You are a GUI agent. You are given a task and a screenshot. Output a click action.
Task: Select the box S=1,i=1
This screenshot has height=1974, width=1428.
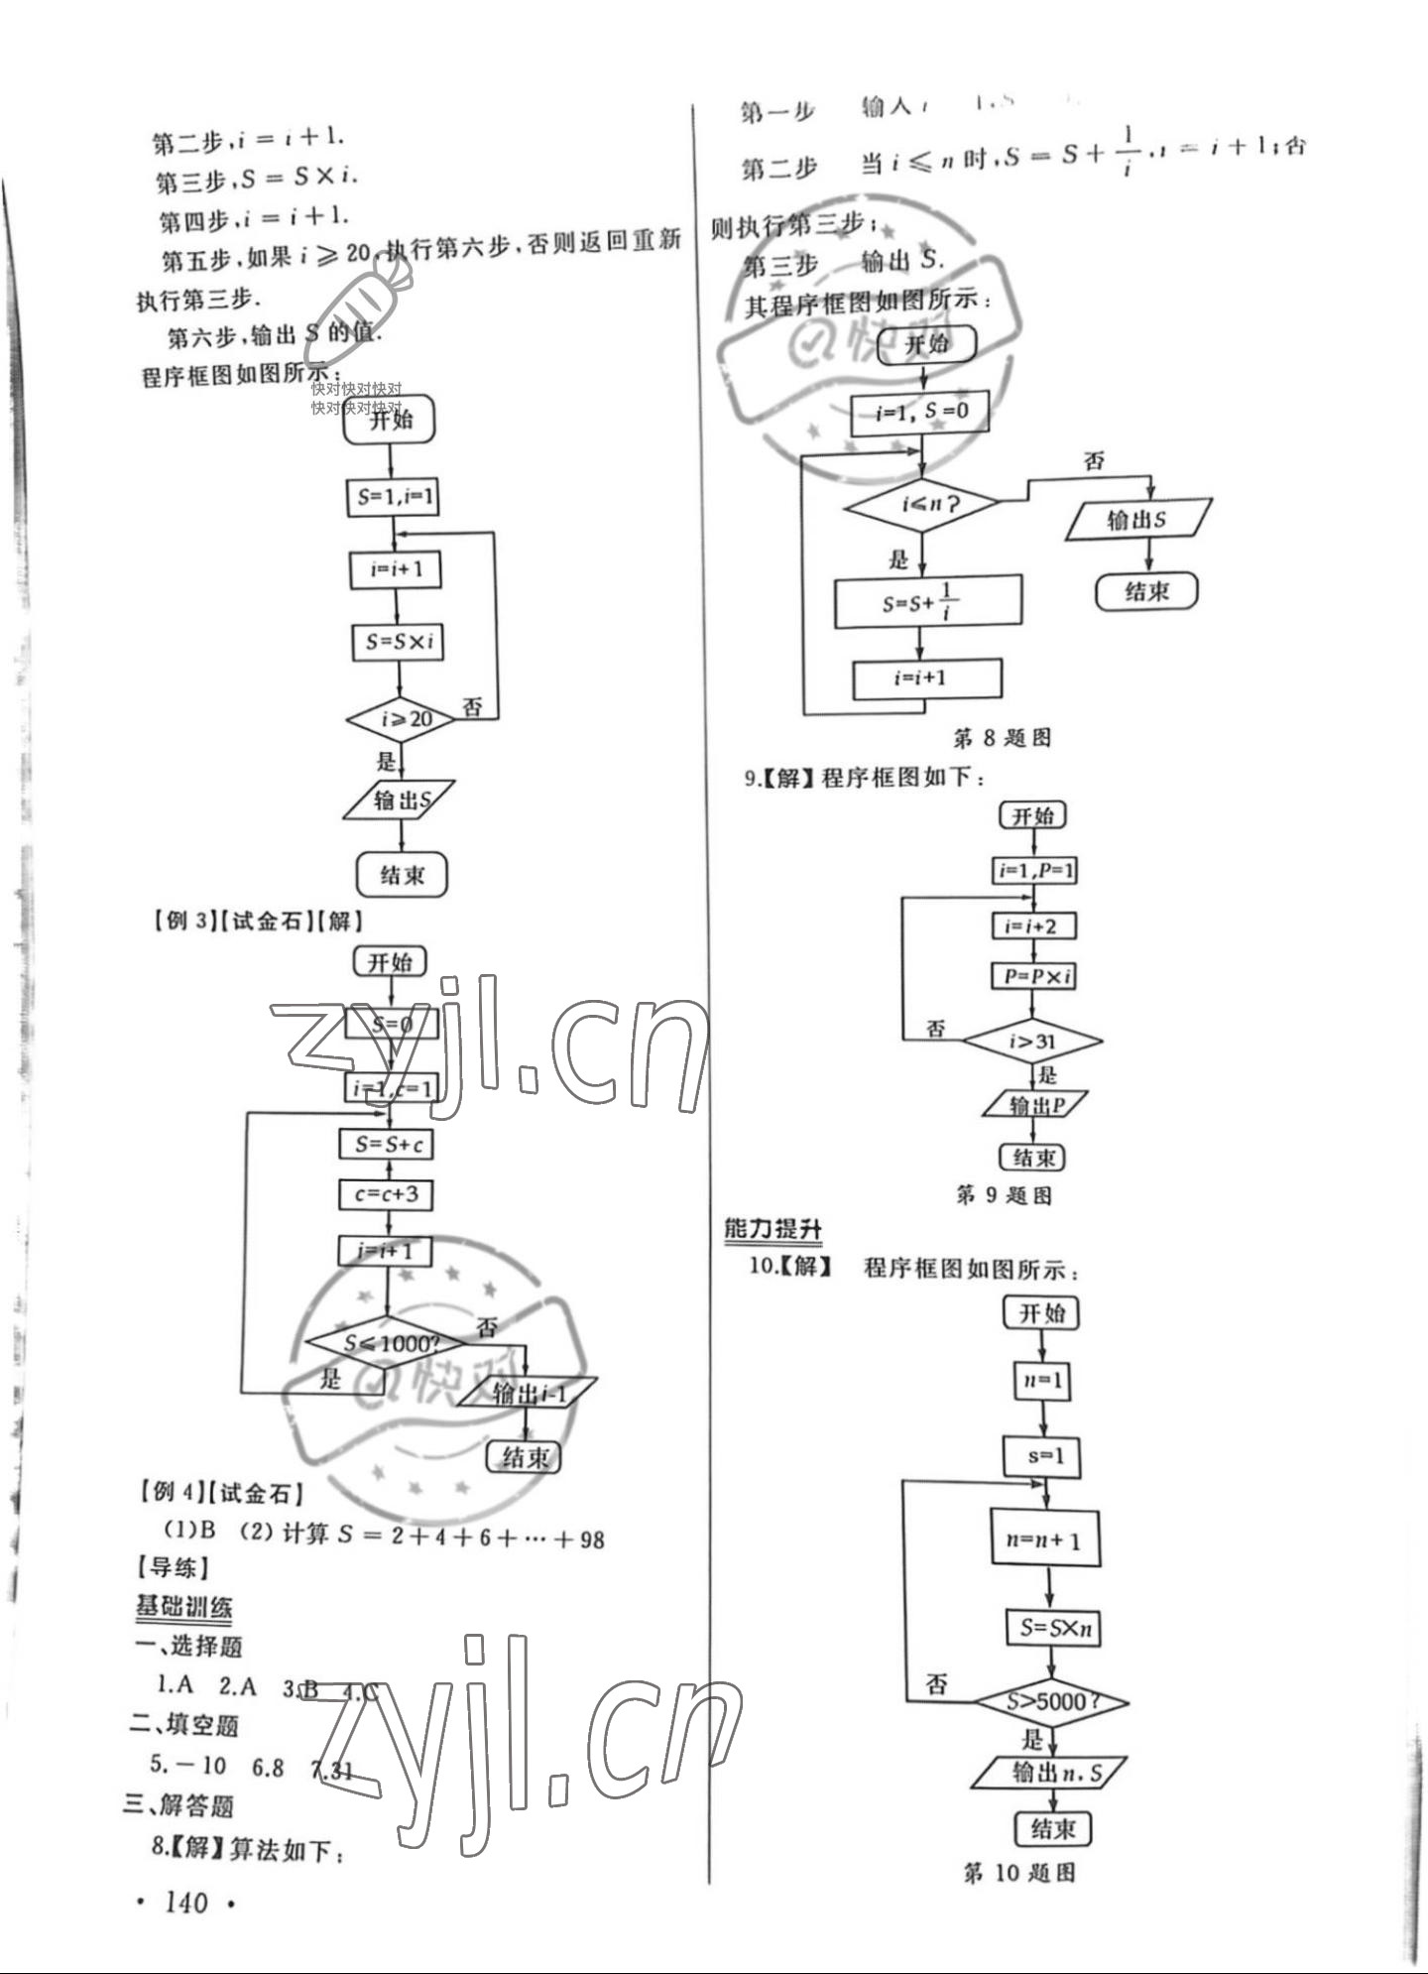coord(394,497)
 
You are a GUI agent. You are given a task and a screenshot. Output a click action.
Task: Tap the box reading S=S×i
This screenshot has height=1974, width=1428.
coord(398,642)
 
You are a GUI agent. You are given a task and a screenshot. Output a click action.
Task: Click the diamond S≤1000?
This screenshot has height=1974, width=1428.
coord(388,1344)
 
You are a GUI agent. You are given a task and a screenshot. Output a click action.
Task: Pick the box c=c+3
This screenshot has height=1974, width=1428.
coord(386,1194)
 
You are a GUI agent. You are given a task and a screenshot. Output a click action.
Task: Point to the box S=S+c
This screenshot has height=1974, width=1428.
coord(387,1145)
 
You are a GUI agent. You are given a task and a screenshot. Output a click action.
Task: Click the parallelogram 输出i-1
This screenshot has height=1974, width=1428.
coord(528,1393)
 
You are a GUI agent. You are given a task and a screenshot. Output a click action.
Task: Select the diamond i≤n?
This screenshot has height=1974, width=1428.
coord(922,505)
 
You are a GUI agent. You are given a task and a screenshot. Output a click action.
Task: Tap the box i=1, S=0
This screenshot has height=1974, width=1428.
coord(920,413)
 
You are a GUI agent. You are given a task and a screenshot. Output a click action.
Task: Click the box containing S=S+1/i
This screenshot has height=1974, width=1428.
coord(927,602)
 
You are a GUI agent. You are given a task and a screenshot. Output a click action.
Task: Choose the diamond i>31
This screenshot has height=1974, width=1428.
coord(1032,1042)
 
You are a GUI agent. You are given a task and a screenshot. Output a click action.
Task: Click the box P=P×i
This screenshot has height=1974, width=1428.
coord(1034,976)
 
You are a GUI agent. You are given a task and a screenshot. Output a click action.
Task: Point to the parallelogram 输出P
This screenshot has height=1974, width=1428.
coord(1034,1105)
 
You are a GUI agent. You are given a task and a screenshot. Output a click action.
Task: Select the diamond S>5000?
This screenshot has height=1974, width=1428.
coord(1050,1702)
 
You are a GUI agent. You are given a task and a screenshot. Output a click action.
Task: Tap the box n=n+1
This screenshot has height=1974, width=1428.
coord(1044,1541)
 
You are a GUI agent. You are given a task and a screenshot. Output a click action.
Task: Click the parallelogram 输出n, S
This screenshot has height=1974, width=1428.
coord(1050,1772)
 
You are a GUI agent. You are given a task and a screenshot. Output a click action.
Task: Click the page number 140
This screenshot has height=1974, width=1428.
coord(185,1903)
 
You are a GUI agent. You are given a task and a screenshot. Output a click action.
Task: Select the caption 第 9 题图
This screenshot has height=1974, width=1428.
coord(1003,1195)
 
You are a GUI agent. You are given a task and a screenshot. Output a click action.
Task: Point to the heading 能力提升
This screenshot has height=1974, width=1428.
coord(773,1229)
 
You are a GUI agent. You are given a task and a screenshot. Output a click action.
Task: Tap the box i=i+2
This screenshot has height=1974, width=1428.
coord(1033,926)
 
